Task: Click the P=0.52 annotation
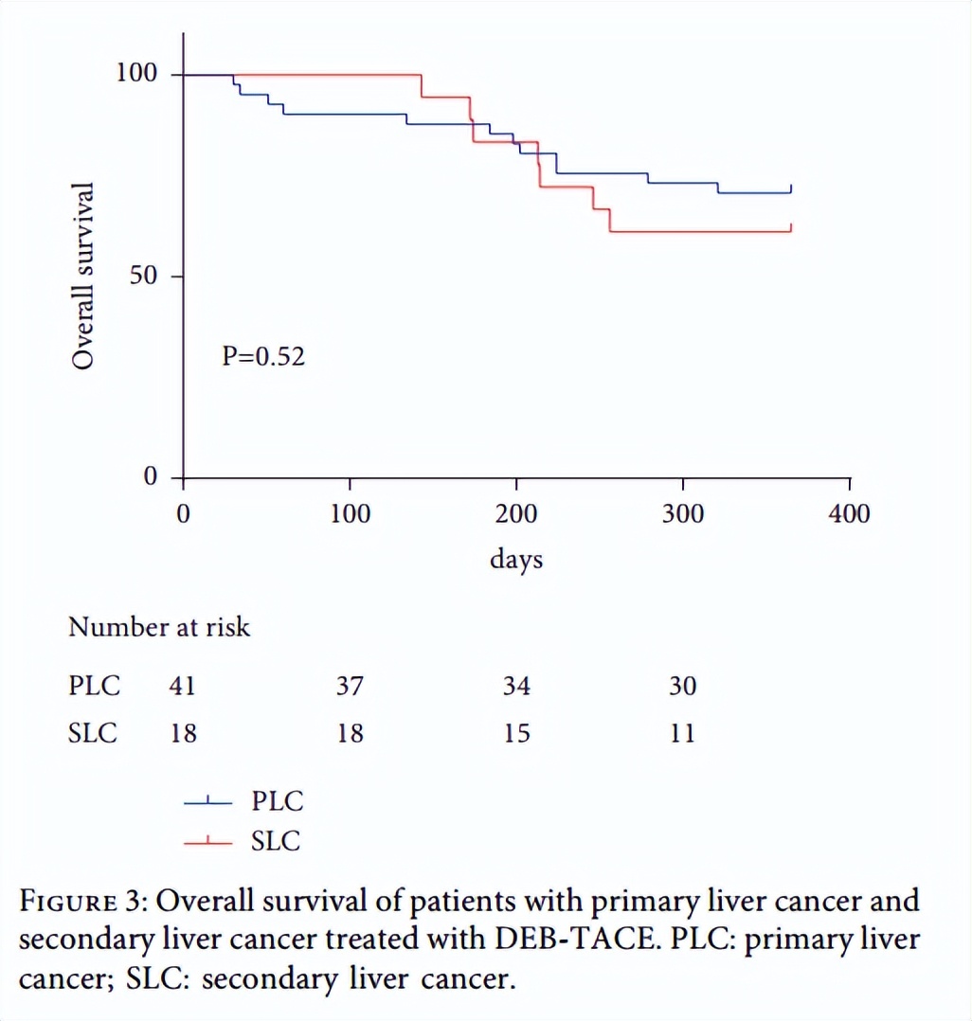pyautogui.click(x=263, y=357)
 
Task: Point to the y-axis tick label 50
pyautogui.click(x=145, y=276)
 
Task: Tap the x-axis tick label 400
pyautogui.click(x=849, y=514)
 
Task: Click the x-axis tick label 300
pyautogui.click(x=682, y=514)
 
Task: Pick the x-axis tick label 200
pyautogui.click(x=516, y=514)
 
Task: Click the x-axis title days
pyautogui.click(x=516, y=559)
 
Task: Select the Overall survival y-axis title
pyautogui.click(x=84, y=276)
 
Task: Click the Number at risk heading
pyautogui.click(x=159, y=626)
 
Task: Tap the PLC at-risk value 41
pyautogui.click(x=182, y=685)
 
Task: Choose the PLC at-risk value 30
pyautogui.click(x=682, y=685)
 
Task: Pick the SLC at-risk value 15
pyautogui.click(x=516, y=733)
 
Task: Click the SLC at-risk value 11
pyautogui.click(x=682, y=733)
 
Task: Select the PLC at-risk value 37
pyautogui.click(x=350, y=685)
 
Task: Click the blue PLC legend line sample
pyautogui.click(x=207, y=803)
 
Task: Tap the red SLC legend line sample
pyautogui.click(x=207, y=841)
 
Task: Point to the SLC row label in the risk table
pyautogui.click(x=93, y=733)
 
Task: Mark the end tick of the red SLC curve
pyautogui.click(x=790, y=226)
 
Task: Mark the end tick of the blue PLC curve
pyautogui.click(x=790, y=188)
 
